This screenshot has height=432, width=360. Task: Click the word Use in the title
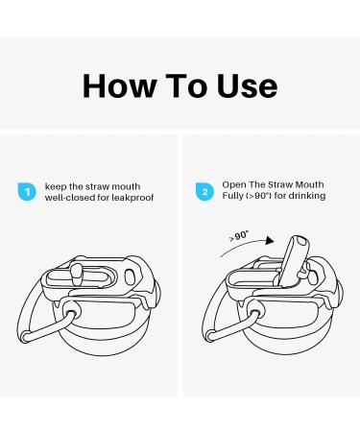247,85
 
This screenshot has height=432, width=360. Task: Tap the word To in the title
186,85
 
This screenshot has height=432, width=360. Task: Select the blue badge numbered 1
27,192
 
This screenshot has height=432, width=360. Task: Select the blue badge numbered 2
204,192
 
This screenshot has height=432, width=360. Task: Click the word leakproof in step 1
132,198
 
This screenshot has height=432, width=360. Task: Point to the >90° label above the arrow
239,236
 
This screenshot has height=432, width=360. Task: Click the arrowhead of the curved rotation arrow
271,241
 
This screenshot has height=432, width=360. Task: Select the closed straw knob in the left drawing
76,274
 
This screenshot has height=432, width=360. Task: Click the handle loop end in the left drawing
25,337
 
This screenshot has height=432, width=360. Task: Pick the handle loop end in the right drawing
209,336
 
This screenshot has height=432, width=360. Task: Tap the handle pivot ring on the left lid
71,311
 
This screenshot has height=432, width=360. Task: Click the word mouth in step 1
126,186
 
